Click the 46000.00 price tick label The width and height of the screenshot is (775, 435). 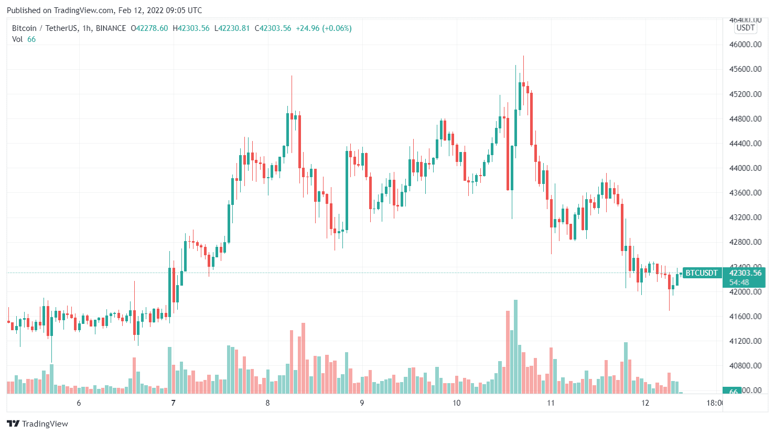click(x=745, y=45)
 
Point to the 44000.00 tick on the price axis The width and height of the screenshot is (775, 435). click(x=745, y=168)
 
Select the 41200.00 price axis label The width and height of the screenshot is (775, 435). click(x=745, y=341)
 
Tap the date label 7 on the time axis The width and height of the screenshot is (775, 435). click(x=173, y=403)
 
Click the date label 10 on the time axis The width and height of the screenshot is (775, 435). click(x=456, y=403)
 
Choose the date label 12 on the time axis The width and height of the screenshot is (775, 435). click(x=645, y=403)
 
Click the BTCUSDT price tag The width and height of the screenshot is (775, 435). click(x=702, y=273)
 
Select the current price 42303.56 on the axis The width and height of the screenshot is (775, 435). click(x=745, y=273)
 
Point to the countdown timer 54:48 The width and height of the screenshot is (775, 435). click(x=739, y=282)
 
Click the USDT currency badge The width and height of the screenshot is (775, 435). click(x=746, y=28)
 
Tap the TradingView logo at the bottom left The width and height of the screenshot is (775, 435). click(x=38, y=423)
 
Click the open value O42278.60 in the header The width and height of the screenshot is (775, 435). click(x=149, y=28)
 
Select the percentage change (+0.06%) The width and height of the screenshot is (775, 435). click(x=337, y=28)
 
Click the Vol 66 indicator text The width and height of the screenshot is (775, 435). click(x=24, y=39)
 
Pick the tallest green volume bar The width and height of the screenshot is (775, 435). click(x=515, y=346)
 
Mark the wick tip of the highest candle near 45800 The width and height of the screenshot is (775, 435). click(x=523, y=56)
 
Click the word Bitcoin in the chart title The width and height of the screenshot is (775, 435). click(x=24, y=28)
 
